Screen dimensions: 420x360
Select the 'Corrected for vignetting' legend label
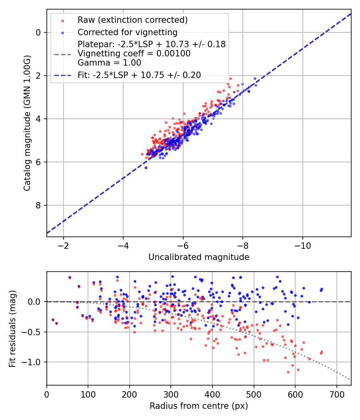pos(127,32)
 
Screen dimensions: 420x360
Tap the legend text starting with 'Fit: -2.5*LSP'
pos(139,75)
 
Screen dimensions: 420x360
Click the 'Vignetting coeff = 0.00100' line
pos(134,53)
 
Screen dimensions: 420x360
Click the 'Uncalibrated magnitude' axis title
pos(199,257)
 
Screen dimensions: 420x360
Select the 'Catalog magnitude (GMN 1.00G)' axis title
pos(27,122)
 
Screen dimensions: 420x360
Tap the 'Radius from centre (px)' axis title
pos(199,406)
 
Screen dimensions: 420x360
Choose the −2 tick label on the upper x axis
pos(63,245)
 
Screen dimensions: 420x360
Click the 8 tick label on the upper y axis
pos(38,205)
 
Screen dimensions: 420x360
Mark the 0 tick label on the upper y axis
pos(38,32)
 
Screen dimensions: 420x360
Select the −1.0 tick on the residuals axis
pos(33,362)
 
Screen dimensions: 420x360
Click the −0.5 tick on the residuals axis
pos(33,332)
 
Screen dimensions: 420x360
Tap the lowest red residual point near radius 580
pos(288,372)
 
